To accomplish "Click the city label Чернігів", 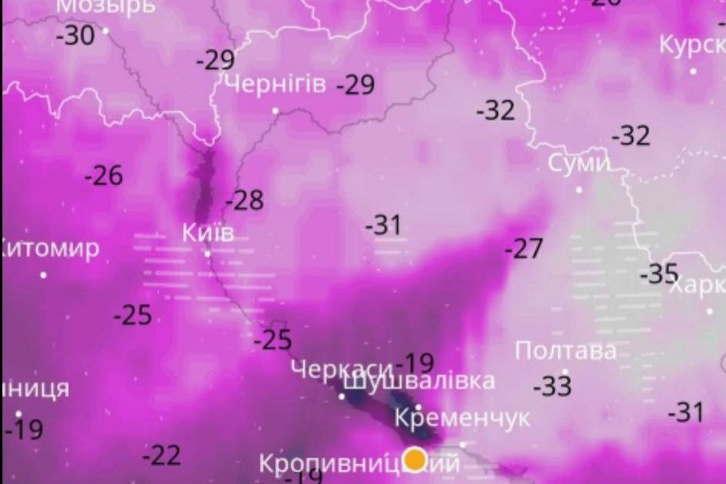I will point(275,84).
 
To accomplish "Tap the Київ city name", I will point(208,232).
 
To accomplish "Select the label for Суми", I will point(578,164).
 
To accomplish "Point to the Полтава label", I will point(565,351).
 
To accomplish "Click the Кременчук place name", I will point(461,418).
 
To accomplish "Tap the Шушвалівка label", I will point(419,381).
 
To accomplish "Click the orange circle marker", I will point(415,459).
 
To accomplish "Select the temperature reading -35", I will point(659,273).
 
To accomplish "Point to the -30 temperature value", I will point(75,35).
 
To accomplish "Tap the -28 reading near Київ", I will point(245,201).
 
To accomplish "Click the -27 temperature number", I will point(524,249).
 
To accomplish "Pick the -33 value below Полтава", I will point(552,386).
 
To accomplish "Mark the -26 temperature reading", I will point(104,175).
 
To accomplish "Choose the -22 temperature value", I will point(162,456).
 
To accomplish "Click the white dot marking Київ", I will point(207,253).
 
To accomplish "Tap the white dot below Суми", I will point(579,189).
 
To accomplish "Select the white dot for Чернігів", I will point(275,111).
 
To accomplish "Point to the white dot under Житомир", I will point(43,275).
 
